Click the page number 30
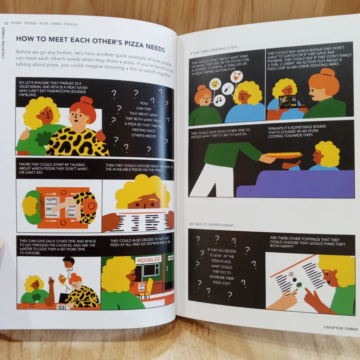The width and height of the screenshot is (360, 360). click(6, 23)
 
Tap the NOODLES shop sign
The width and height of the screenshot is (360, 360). click(148, 260)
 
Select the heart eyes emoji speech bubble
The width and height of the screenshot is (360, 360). click(236, 76)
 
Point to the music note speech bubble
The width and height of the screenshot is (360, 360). click(219, 100)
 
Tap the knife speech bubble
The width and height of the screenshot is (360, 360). click(227, 89)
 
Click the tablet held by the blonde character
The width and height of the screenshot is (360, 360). click(288, 102)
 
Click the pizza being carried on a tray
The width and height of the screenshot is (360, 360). click(284, 155)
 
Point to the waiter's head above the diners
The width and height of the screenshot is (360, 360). click(69, 262)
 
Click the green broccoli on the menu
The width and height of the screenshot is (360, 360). click(299, 285)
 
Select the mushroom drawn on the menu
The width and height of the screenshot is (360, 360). click(291, 274)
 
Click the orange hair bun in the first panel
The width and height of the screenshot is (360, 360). click(86, 101)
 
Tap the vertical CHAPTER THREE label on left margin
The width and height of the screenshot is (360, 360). click(3, 43)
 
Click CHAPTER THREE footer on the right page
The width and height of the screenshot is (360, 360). click(341, 328)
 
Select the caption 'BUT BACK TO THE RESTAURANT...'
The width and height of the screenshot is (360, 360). click(213, 225)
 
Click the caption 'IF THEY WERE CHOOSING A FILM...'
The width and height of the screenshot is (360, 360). click(215, 50)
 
